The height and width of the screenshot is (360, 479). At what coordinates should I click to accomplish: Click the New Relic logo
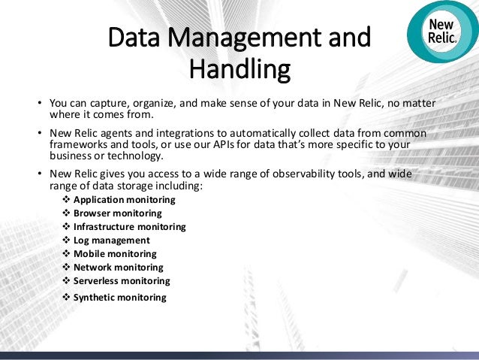441,32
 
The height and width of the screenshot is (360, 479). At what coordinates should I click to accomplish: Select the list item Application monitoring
124,200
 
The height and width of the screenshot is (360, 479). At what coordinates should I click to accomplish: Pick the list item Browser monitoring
117,213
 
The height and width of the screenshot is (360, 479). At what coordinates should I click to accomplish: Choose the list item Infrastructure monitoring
129,227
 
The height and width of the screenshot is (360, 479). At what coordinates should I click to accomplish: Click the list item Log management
111,241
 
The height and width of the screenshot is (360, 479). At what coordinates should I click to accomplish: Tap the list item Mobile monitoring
115,254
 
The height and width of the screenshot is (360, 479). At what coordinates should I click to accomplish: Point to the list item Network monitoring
118,268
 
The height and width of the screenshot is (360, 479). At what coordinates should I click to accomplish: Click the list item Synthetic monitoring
119,298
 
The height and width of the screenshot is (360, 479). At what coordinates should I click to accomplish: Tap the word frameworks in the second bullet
79,144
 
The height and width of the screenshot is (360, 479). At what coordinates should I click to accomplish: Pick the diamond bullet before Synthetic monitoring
65,298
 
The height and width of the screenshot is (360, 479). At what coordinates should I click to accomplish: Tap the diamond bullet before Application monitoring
65,200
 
